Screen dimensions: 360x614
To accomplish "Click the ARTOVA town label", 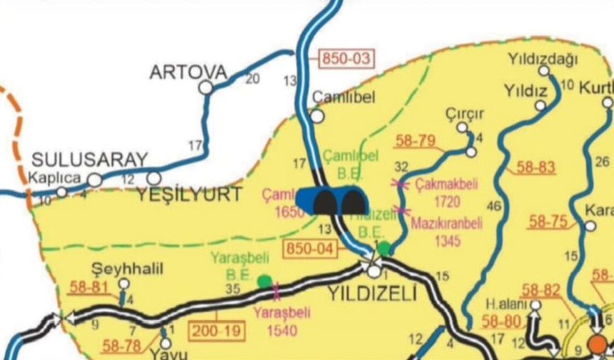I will (188, 72).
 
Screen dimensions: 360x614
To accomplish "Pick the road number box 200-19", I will (216, 330).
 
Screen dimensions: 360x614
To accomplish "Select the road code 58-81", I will (89, 289).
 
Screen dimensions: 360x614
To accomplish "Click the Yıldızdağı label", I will (542, 58).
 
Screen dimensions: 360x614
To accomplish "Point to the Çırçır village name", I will (465, 114).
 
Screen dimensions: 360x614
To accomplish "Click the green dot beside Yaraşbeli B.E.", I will (264, 280).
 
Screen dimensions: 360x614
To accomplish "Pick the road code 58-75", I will (548, 221).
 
